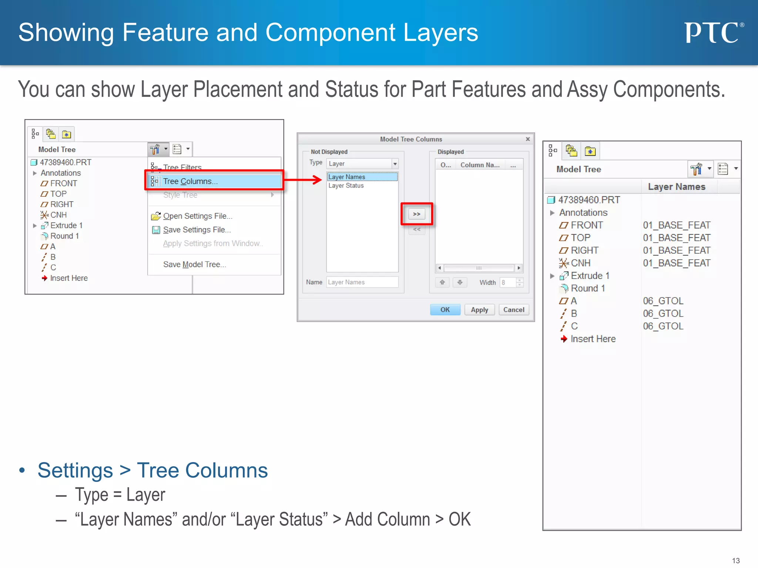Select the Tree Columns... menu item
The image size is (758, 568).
tap(190, 181)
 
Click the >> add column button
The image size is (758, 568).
tap(417, 214)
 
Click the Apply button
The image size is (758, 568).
tap(479, 310)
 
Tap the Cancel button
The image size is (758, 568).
tap(514, 310)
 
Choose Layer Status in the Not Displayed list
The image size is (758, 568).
tap(346, 186)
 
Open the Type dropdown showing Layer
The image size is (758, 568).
tap(362, 163)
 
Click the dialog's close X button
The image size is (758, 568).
tap(528, 139)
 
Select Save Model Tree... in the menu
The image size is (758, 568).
tap(194, 264)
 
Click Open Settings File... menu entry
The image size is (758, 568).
tap(197, 216)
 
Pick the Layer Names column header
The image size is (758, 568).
tap(677, 187)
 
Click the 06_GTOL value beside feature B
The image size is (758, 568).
tap(663, 314)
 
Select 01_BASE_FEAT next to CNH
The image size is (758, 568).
tap(677, 263)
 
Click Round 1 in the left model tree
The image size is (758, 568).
tap(64, 236)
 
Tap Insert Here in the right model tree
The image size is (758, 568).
tap(593, 339)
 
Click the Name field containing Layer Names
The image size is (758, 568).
tap(362, 282)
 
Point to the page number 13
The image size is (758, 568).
tap(736, 561)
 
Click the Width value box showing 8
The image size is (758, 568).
tap(507, 283)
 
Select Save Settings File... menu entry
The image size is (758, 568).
tap(197, 230)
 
